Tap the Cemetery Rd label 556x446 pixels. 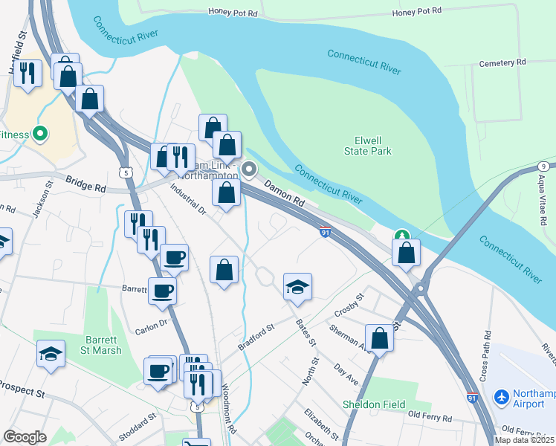(502, 62)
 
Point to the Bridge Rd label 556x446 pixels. (85, 184)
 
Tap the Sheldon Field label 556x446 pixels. (374, 404)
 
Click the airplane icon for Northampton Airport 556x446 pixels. (502, 398)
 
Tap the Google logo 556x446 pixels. (25, 437)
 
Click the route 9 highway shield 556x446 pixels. (545, 166)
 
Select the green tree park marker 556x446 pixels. (402, 236)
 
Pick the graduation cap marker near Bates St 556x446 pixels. (297, 287)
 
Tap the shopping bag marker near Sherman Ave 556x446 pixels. (379, 337)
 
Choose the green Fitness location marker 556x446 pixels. (40, 135)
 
